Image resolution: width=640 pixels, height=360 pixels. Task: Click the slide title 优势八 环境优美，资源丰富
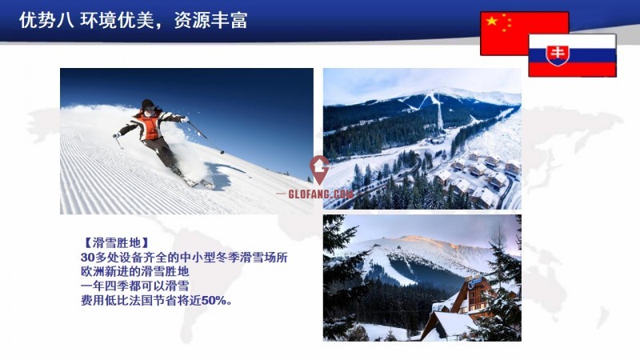click(x=133, y=20)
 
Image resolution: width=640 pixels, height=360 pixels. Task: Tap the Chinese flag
click(x=524, y=34)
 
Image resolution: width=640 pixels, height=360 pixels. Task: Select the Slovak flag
click(x=572, y=55)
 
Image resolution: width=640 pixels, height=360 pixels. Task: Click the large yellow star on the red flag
click(x=492, y=21)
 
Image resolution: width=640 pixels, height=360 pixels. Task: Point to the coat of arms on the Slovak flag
click(x=558, y=55)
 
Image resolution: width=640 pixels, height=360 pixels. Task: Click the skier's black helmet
click(x=147, y=104)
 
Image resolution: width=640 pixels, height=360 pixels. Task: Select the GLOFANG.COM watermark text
click(x=321, y=194)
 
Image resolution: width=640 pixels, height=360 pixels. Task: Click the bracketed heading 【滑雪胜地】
click(x=114, y=243)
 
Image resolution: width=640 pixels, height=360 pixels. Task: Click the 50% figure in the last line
click(x=214, y=301)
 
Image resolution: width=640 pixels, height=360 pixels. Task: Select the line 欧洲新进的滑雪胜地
click(x=134, y=272)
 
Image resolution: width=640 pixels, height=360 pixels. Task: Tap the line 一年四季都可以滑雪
click(x=134, y=286)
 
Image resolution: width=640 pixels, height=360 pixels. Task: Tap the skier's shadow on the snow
click(x=221, y=174)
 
